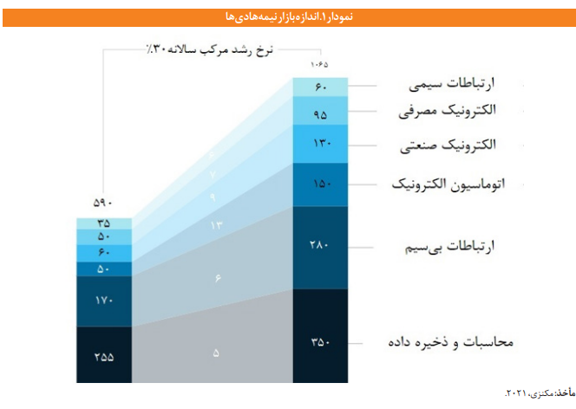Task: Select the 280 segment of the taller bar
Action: [x=321, y=247]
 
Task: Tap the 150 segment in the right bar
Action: [x=321, y=184]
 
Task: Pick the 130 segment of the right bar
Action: [x=321, y=143]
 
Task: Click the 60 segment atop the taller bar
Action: [x=321, y=87]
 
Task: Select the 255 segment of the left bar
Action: [x=104, y=354]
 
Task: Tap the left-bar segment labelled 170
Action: [x=104, y=301]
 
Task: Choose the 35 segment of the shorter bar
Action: [x=104, y=224]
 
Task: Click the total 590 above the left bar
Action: [x=104, y=204]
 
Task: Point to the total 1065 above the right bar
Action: [x=320, y=67]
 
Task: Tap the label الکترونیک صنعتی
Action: [x=455, y=145]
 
